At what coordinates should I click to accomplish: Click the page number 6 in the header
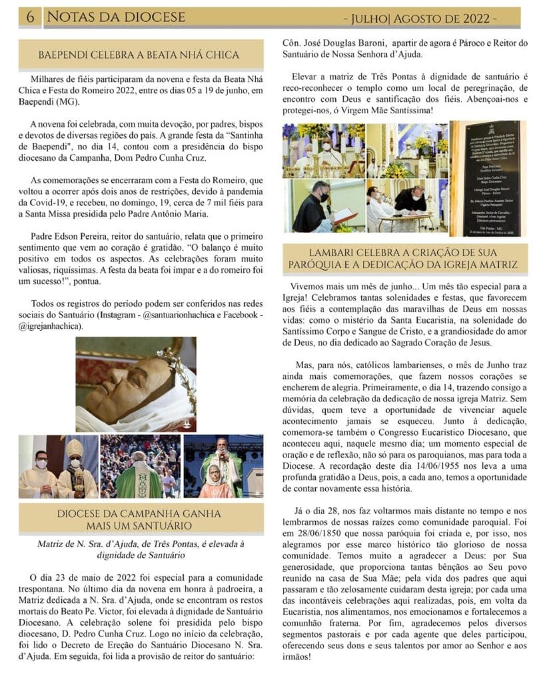[30, 16]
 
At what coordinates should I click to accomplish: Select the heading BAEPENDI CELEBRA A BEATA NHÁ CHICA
[139, 55]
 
